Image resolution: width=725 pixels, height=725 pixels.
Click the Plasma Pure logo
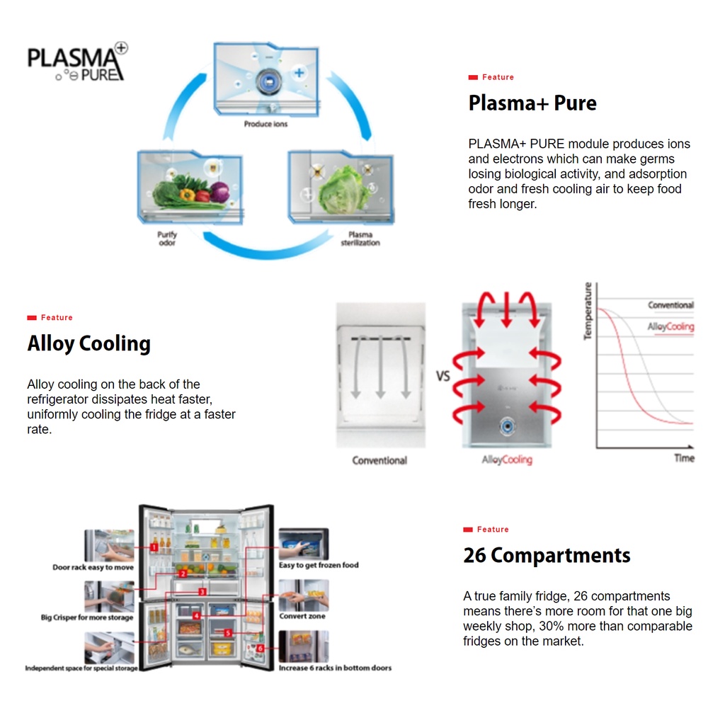[77, 62]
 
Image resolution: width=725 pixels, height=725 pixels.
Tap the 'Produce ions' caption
[266, 124]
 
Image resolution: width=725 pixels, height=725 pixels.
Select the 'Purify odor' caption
[167, 239]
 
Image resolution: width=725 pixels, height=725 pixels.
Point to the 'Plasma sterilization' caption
[360, 239]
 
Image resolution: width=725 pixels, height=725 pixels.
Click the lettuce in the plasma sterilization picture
[342, 190]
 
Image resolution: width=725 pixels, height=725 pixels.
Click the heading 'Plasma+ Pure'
[532, 103]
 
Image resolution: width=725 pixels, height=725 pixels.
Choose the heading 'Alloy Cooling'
[89, 344]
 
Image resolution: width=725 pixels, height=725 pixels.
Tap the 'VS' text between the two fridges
[443, 376]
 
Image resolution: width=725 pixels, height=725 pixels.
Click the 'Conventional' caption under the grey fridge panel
[379, 460]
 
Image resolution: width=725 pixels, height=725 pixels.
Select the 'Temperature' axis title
[588, 311]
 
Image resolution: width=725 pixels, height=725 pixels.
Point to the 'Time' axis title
[685, 458]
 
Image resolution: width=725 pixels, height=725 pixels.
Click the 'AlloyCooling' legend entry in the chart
[670, 327]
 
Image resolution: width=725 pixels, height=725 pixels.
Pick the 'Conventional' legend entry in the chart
[671, 305]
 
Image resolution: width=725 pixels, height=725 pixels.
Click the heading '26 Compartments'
[547, 555]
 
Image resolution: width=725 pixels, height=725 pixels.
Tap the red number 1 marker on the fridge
[154, 547]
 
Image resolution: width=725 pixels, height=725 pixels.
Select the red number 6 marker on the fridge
[261, 649]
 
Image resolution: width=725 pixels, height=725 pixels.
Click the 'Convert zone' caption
[302, 617]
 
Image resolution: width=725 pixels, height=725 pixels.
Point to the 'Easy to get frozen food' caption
[319, 565]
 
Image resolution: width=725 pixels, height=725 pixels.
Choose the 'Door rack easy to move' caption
[93, 567]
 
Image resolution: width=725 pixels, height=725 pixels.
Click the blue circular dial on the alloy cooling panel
[507, 426]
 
